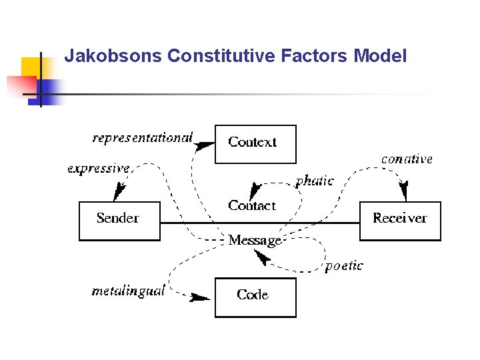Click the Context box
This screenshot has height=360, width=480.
click(x=255, y=143)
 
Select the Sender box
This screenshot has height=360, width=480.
click(x=119, y=220)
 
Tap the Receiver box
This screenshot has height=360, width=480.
click(x=400, y=220)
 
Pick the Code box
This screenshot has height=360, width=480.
click(x=255, y=297)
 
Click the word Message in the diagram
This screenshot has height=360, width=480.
click(x=255, y=240)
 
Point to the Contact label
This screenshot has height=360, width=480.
click(x=251, y=205)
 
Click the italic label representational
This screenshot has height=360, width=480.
click(x=142, y=138)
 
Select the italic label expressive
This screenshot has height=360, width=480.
click(x=98, y=169)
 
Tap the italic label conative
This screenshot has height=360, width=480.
click(x=407, y=159)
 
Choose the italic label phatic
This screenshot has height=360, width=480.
click(x=314, y=181)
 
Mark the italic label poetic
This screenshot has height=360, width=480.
click(x=344, y=266)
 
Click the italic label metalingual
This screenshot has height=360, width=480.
click(x=128, y=291)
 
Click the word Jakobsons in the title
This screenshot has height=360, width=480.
click(x=113, y=56)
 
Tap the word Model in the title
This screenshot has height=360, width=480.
click(x=380, y=56)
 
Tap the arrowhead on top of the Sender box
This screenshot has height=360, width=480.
click(x=119, y=193)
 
